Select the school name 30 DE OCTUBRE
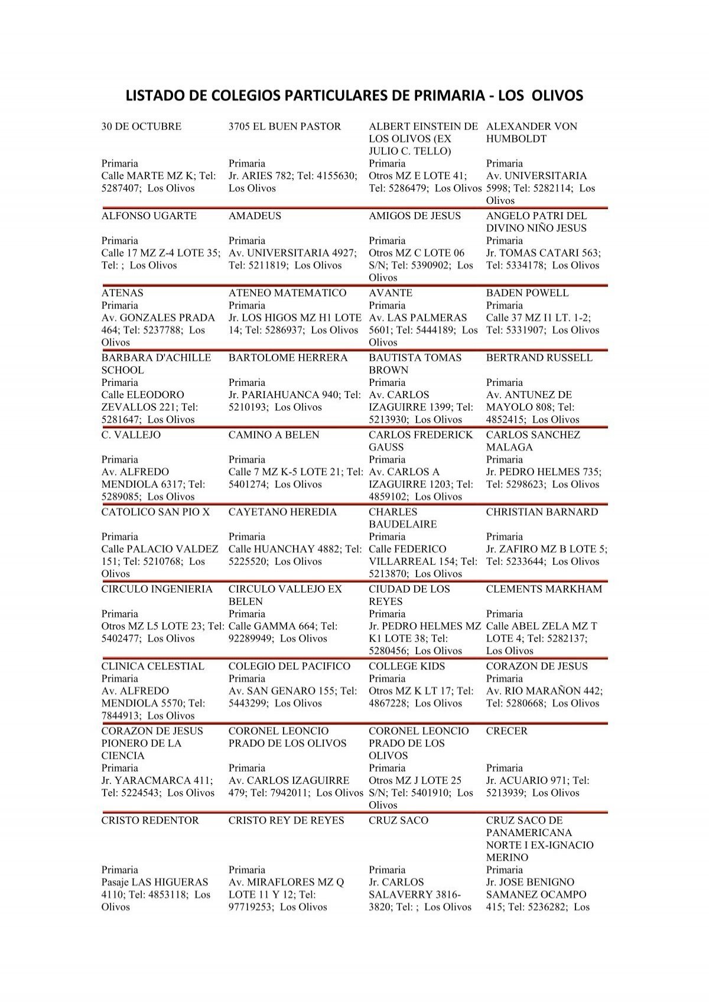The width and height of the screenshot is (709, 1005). point(141,126)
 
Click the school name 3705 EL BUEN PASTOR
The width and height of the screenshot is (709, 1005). point(285,126)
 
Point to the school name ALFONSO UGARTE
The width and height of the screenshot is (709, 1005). point(149,216)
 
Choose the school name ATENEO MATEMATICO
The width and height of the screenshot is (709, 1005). point(287,293)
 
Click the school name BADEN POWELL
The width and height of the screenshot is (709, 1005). point(527,293)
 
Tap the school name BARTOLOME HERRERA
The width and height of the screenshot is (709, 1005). point(288,358)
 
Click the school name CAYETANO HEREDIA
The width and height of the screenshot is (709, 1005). point(282,512)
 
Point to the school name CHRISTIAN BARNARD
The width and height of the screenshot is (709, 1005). point(542,512)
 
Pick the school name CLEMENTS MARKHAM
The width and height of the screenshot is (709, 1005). point(544,589)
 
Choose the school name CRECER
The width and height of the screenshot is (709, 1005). point(506,731)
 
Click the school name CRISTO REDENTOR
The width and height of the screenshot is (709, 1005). point(150,821)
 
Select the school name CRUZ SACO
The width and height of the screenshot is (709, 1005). point(398,821)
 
